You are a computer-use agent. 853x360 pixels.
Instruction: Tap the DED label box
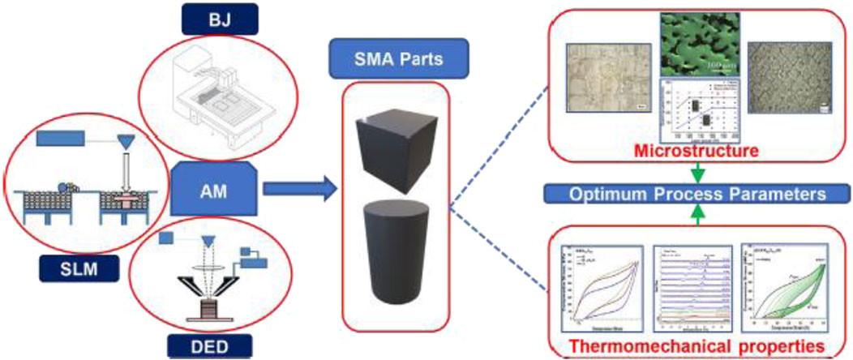(x=199, y=347)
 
